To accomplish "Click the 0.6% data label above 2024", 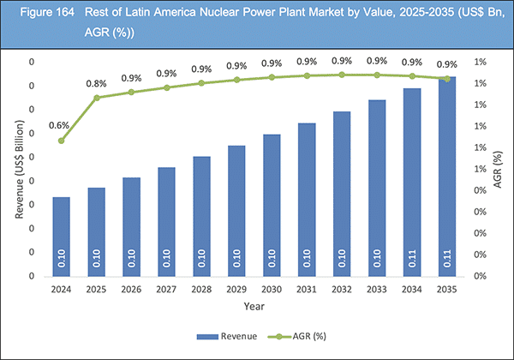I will (x=61, y=125).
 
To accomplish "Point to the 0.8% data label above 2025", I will (x=96, y=83).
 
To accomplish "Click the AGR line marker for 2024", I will (x=61, y=141).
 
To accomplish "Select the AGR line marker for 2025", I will (x=96, y=98).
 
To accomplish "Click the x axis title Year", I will (x=254, y=306).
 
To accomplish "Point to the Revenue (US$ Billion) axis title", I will (x=19, y=170).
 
